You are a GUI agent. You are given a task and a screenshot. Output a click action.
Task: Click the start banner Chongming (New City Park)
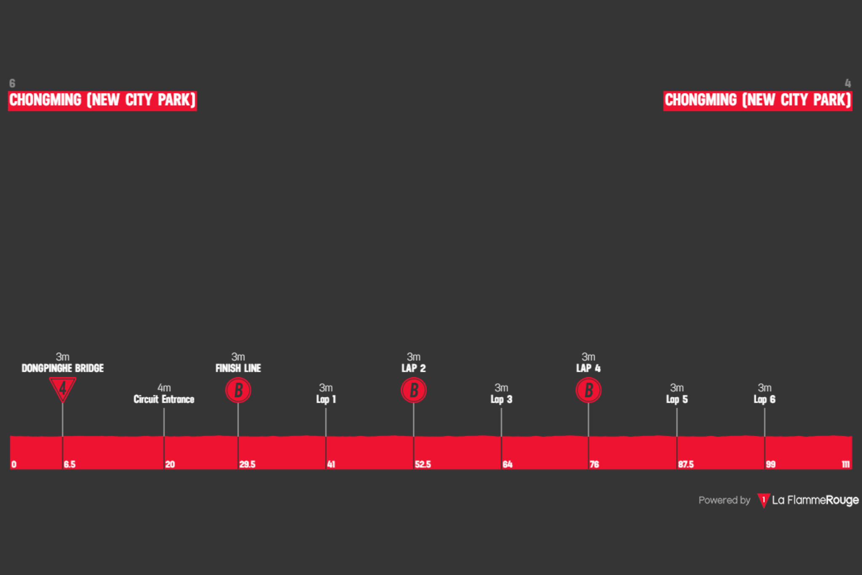point(102,101)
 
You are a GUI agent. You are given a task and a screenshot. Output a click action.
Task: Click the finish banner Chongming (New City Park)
point(758,101)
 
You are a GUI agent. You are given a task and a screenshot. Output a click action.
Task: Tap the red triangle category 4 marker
point(63,388)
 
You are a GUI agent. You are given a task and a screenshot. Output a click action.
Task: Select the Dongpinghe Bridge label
point(63,368)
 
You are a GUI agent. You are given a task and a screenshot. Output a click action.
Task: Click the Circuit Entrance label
point(164,399)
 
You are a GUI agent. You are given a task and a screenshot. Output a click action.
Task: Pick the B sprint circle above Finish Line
point(238,390)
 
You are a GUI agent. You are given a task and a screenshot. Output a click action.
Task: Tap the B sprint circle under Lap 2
point(414,390)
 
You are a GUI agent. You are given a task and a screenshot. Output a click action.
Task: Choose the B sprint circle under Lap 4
point(588,390)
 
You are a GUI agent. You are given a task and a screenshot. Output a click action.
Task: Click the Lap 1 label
point(326,399)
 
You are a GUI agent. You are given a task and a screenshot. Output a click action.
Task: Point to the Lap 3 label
point(501,399)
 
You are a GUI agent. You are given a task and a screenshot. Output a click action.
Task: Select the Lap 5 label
point(677,399)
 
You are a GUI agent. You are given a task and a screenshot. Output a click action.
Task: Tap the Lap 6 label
point(764,399)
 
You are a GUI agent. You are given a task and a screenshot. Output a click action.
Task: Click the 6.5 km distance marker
point(69,464)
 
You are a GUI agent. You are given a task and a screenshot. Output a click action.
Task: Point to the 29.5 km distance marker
point(247,464)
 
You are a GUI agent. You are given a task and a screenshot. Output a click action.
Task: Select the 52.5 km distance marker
point(423,464)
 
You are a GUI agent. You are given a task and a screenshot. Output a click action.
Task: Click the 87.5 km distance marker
point(686,464)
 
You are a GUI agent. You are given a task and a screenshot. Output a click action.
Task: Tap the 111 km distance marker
point(846,464)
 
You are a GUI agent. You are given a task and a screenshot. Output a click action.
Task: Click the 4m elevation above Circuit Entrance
point(164,387)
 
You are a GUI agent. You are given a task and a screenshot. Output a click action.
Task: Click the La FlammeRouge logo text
point(815,500)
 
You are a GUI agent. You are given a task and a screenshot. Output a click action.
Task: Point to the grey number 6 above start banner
point(12,83)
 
